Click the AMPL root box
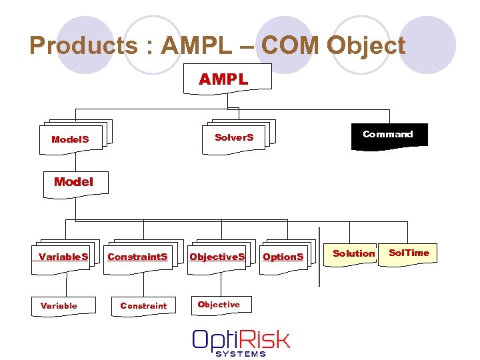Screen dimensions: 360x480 [224, 79]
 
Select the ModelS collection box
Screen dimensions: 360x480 [70, 139]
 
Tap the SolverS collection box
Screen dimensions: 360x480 [234, 137]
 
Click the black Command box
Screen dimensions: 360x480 [387, 135]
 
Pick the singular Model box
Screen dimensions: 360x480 [73, 182]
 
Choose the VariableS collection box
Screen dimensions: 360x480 [63, 256]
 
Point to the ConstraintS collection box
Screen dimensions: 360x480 [138, 256]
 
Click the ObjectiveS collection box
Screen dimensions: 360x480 [217, 256]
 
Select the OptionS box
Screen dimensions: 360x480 [283, 256]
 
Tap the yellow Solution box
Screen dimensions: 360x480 [353, 253]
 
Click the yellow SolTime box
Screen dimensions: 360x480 [409, 253]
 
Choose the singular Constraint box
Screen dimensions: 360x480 [143, 305]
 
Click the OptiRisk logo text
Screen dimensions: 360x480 [241, 339]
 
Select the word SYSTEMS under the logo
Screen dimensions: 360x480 [241, 353]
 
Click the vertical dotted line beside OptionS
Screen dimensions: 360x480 [319, 256]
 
